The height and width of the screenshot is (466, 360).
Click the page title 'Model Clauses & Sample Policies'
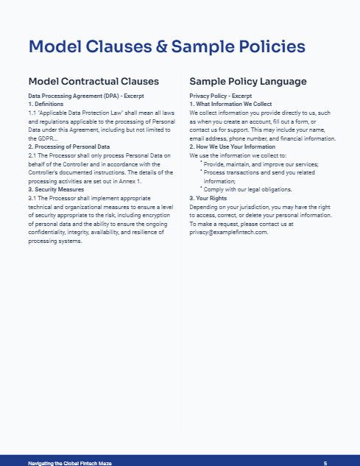click(166, 47)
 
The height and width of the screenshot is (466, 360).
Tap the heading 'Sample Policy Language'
click(248, 81)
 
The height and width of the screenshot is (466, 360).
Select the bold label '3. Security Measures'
click(56, 189)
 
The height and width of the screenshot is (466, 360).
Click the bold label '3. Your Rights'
click(210, 198)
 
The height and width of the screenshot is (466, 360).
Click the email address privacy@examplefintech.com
click(228, 232)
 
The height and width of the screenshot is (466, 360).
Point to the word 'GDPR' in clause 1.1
click(38, 138)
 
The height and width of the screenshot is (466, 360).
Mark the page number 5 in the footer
click(325, 462)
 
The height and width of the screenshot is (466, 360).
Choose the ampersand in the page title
click(159, 47)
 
